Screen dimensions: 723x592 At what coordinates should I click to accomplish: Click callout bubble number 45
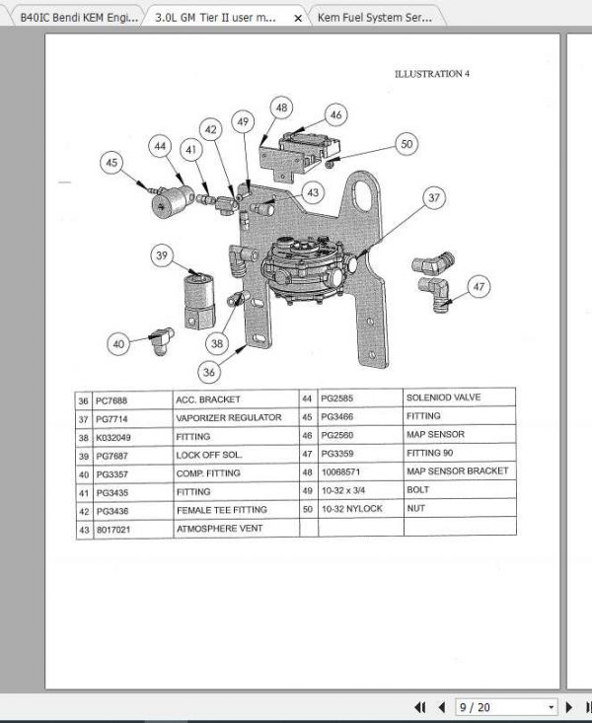pos(111,163)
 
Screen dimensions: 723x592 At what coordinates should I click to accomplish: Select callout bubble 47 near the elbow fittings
pos(479,287)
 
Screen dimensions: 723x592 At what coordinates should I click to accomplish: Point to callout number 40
pos(119,344)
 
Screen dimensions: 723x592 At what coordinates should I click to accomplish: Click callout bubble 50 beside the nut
pos(407,144)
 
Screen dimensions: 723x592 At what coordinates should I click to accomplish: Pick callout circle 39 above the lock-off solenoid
pos(163,255)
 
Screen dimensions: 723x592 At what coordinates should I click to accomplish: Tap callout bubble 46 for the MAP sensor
pos(336,115)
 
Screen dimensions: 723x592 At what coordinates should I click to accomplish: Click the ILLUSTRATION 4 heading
pos(431,74)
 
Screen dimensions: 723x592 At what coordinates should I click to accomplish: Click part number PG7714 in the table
pos(118,418)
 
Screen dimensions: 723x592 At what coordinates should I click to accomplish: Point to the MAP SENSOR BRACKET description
pos(457,471)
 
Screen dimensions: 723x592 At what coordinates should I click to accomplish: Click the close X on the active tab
pos(298,18)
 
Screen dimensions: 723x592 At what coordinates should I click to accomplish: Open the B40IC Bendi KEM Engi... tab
pos(77,18)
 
